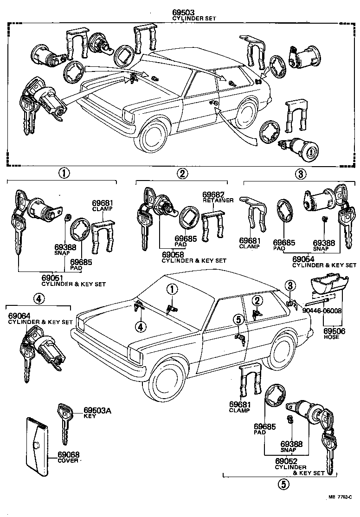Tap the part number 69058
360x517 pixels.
[173, 255]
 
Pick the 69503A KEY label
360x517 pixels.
[97, 413]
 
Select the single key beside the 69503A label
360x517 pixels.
[64, 423]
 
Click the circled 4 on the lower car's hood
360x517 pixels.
[141, 327]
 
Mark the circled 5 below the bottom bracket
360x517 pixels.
[283, 484]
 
